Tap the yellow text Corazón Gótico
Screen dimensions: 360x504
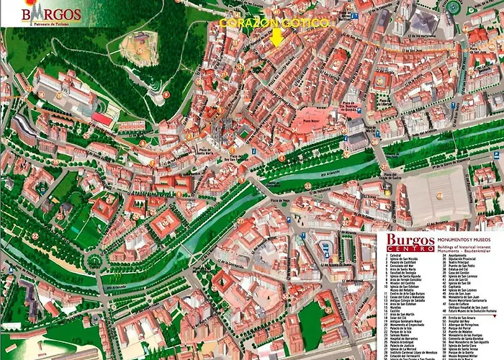(274, 23)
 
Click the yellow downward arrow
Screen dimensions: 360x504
(277, 37)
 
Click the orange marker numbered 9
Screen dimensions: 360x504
(166, 94)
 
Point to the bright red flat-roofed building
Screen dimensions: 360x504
(102, 117)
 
